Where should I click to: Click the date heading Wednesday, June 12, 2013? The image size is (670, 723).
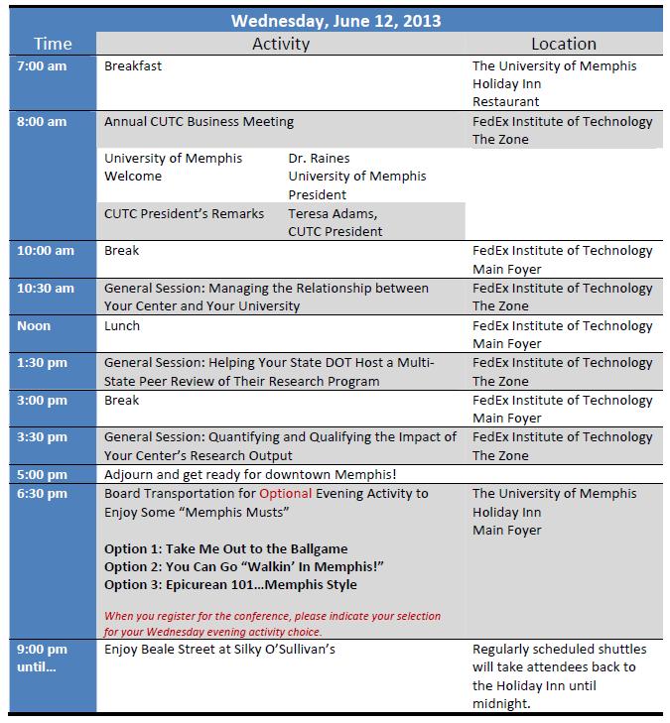[335, 20]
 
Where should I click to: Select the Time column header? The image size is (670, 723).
[53, 44]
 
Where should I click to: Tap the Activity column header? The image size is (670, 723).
[281, 44]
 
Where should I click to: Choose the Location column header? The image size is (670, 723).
[563, 44]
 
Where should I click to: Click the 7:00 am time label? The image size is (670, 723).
[43, 66]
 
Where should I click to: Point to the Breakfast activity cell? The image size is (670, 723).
[133, 66]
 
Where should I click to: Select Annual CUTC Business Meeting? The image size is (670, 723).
[199, 122]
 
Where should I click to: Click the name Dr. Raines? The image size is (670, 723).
[319, 158]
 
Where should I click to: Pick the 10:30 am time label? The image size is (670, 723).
[46, 289]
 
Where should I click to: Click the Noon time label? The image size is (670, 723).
[34, 326]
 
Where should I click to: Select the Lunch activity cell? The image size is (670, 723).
[122, 326]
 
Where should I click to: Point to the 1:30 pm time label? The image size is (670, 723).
[43, 363]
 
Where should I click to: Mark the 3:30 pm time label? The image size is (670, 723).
[43, 437]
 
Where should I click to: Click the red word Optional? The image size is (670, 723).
[286, 494]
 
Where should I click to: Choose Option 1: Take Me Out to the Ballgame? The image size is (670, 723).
[225, 548]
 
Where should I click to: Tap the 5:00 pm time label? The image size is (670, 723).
[43, 475]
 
